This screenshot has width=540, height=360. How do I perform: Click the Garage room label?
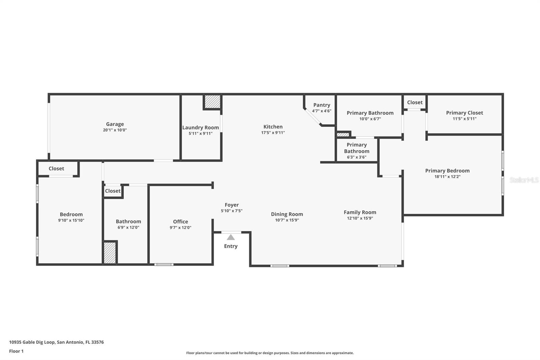115,124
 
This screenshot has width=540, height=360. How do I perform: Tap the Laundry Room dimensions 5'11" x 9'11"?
200,133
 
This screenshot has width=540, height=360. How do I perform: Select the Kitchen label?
273,127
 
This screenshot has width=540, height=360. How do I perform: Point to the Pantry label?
322,105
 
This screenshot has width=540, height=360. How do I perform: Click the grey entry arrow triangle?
231,237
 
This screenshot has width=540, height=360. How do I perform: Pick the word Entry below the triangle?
231,246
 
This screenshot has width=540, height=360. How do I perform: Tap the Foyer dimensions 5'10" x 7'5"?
232,211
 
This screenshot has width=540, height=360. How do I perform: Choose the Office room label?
181,222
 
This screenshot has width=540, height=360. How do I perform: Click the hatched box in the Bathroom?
110,253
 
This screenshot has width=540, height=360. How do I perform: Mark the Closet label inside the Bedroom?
56,169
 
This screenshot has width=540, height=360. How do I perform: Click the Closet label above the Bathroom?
112,191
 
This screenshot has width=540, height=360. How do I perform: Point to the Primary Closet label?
464,113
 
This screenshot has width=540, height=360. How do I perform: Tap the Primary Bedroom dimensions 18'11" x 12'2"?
447,177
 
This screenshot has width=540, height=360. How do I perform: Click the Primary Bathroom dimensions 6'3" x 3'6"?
356,157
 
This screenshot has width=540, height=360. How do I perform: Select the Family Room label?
360,212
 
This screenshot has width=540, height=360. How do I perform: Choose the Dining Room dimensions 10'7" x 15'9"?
287,220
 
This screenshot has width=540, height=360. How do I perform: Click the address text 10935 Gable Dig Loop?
32,342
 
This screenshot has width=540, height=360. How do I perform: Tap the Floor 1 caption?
16,351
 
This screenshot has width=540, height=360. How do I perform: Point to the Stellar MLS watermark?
524,180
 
